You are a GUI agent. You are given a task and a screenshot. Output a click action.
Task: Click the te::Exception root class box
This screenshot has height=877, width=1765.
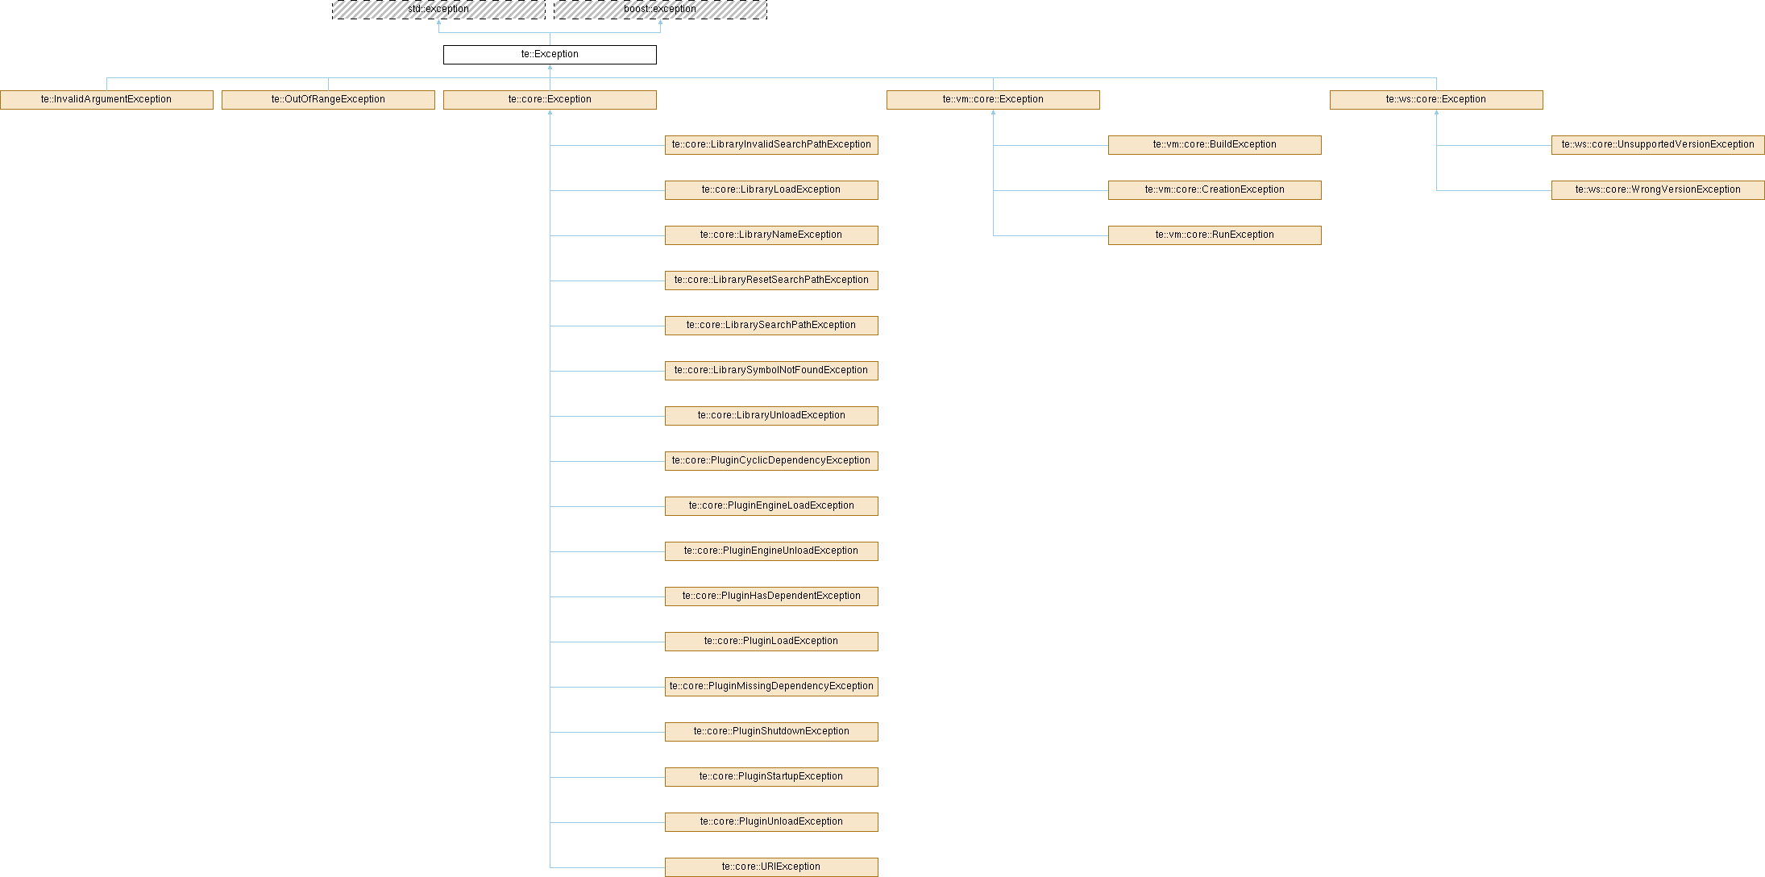click(550, 55)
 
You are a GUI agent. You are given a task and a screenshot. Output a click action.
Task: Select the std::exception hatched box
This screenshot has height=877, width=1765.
click(438, 10)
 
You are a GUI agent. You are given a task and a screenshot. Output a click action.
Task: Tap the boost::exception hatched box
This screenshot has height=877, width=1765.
click(660, 10)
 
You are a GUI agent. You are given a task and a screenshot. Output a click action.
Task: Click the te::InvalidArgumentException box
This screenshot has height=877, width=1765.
click(106, 100)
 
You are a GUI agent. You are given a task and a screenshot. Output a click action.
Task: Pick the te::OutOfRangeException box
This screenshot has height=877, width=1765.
click(328, 100)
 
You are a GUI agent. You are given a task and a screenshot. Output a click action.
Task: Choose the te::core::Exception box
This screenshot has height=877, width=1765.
click(550, 100)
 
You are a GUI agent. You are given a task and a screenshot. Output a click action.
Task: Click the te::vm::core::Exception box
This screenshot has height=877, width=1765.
click(993, 100)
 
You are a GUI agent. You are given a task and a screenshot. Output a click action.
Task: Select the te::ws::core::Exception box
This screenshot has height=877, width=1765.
click(1436, 100)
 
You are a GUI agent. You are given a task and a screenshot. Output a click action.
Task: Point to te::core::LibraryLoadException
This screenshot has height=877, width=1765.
click(771, 190)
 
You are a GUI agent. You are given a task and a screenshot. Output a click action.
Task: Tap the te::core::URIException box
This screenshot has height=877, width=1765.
click(771, 867)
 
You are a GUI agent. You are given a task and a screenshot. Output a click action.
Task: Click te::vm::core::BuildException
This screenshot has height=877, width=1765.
click(1215, 145)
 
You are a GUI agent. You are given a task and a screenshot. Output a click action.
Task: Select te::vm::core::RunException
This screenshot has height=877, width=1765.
click(1215, 235)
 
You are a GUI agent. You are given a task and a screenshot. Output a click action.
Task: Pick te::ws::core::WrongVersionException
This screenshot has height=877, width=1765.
click(1658, 190)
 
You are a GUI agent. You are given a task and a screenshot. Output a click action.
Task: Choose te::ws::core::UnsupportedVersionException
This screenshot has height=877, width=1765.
click(1658, 145)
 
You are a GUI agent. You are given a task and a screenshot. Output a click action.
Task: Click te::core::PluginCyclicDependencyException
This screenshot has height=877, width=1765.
click(771, 461)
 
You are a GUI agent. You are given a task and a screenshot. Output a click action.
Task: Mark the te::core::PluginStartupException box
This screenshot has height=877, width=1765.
click(771, 777)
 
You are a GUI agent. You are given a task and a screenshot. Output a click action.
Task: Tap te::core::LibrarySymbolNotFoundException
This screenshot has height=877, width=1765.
click(771, 371)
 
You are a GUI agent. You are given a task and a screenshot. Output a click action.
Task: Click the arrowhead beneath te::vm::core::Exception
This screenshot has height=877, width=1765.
click(993, 113)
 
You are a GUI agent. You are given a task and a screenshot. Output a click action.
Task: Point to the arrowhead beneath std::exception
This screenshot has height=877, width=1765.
click(438, 23)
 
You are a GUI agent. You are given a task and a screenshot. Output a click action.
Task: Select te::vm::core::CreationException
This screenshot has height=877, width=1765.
click(1215, 190)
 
